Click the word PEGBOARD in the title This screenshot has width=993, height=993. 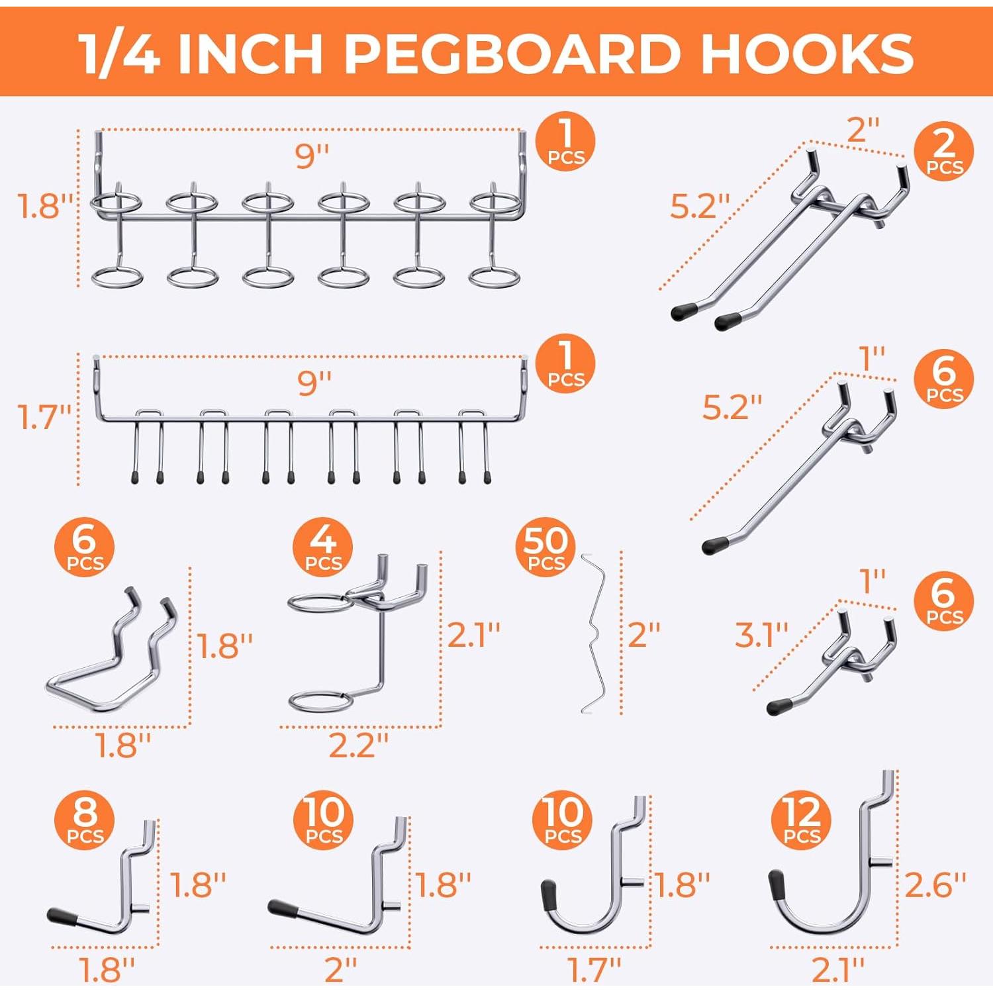(x=512, y=53)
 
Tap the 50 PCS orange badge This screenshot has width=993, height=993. (x=545, y=547)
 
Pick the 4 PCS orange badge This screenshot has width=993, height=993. (x=323, y=547)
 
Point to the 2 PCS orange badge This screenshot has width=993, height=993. (x=944, y=150)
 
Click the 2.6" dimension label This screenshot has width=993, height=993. (x=935, y=884)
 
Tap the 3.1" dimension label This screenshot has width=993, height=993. (x=761, y=635)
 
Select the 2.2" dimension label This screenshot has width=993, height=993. (x=358, y=746)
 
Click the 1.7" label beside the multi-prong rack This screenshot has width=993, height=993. (x=44, y=417)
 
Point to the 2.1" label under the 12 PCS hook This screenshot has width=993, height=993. (x=837, y=970)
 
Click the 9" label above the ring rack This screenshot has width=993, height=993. (x=312, y=156)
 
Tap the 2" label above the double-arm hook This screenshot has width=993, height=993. (x=863, y=129)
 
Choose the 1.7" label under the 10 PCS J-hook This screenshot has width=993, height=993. (x=594, y=970)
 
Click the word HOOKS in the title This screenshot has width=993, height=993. (x=807, y=53)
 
